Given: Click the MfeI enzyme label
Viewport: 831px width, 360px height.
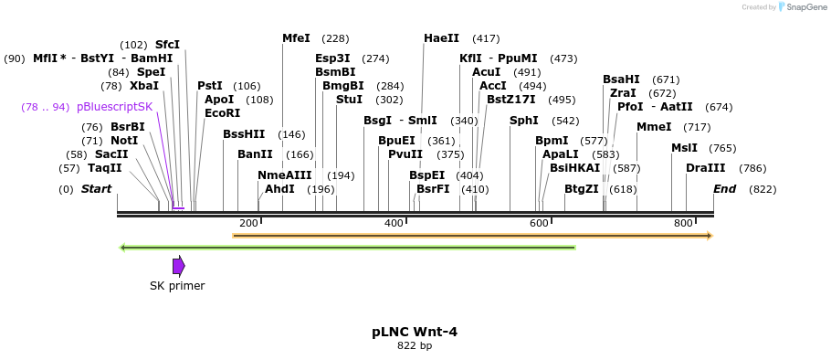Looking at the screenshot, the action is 296,38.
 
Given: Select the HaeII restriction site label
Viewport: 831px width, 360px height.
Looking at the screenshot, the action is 441,38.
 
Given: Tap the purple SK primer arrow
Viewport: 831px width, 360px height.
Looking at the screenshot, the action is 179,266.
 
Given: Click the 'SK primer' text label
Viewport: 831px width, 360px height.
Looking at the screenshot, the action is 177,286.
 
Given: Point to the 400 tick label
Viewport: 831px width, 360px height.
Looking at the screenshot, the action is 394,224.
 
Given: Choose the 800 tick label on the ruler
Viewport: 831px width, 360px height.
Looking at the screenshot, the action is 683,224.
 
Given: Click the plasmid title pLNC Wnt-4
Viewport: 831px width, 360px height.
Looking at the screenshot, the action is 415,332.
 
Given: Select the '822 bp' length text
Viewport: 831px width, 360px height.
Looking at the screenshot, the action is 415,346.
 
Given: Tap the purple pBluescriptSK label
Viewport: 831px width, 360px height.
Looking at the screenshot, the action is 114,107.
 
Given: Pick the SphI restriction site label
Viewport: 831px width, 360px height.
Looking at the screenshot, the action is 523,121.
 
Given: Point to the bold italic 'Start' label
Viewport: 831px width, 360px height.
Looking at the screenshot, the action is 96,189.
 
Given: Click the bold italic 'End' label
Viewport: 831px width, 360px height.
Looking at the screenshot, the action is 724,189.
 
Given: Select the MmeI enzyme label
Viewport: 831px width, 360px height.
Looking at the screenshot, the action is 654,127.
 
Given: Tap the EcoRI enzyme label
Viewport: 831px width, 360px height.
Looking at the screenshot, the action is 222,113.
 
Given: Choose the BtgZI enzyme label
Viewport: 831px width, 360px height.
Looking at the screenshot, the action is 581,189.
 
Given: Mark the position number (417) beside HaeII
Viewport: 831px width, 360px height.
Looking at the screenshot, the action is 486,38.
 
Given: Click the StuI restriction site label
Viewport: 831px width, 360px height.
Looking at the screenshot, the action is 349,100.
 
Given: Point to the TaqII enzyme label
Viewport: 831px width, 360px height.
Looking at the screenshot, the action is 105,168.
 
